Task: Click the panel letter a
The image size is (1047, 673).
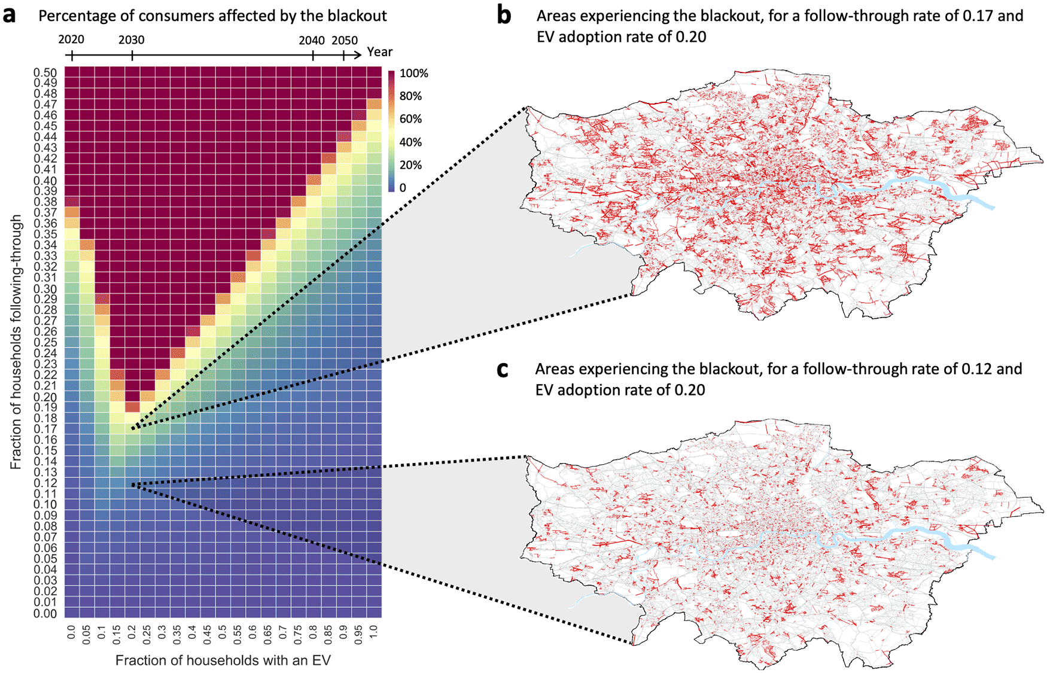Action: coord(10,16)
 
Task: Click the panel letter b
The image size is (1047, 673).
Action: coord(504,16)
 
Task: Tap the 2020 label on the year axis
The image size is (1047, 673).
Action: coord(71,40)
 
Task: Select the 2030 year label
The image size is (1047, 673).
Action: coord(131,40)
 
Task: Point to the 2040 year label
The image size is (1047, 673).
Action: coord(312,41)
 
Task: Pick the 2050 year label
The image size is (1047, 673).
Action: coord(345,41)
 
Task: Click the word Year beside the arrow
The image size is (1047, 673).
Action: coord(380,52)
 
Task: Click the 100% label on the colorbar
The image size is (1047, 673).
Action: coord(414,74)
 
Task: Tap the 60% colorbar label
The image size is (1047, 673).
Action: coord(411,119)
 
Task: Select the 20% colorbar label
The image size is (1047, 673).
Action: coord(411,165)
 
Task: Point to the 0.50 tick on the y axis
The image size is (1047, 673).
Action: coord(45,72)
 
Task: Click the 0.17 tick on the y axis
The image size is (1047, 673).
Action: coord(45,429)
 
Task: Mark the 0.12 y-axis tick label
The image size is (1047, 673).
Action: coord(45,483)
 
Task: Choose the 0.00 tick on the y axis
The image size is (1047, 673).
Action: coord(45,613)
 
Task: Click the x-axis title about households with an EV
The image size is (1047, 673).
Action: coord(223,660)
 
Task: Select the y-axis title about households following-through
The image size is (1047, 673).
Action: coord(16,342)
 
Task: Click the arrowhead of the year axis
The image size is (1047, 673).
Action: coord(358,55)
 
